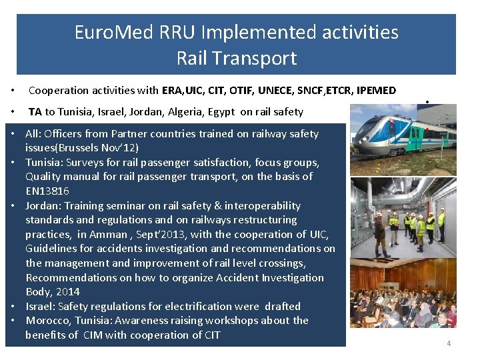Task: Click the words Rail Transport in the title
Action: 236,58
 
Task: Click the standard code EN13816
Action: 47,191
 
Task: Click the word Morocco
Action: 47,321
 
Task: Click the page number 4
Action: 449,343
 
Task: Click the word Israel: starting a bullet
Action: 41,307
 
